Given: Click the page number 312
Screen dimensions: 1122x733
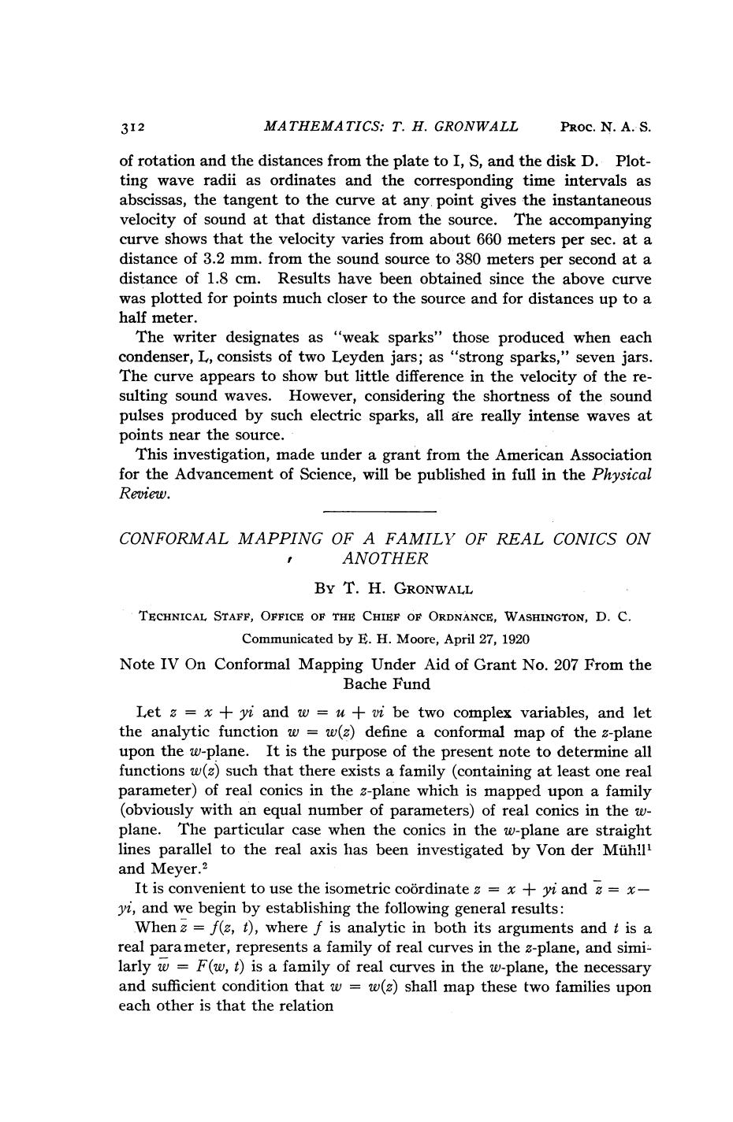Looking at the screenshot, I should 132,127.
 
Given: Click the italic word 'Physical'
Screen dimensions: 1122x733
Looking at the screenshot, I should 622,475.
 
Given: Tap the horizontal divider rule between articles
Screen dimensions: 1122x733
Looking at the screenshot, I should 380,512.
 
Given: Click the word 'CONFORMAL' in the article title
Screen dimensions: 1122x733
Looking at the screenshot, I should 173,539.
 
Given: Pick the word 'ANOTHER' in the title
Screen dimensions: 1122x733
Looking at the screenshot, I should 385,559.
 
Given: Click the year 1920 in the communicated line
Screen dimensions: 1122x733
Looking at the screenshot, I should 513,639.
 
